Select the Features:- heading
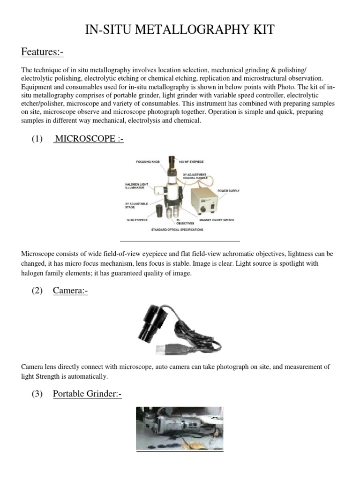click(x=42, y=52)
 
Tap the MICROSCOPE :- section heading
click(x=89, y=139)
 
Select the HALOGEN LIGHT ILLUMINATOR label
click(x=137, y=186)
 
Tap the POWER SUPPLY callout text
click(x=228, y=191)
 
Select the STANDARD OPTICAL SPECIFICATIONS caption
click(x=177, y=230)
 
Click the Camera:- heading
click(x=70, y=291)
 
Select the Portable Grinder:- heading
click(x=87, y=394)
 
